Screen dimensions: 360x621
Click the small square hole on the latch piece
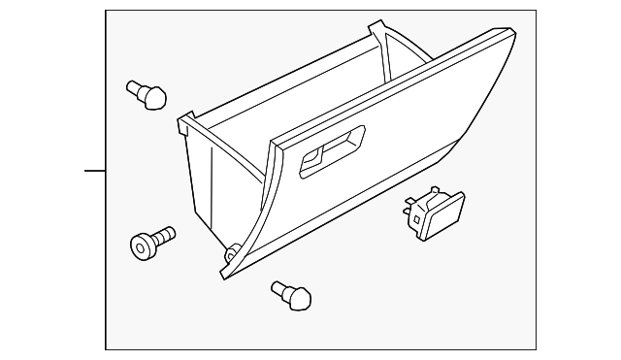coord(416,218)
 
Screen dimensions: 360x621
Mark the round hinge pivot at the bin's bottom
coord(232,254)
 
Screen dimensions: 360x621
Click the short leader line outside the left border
coord(94,171)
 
